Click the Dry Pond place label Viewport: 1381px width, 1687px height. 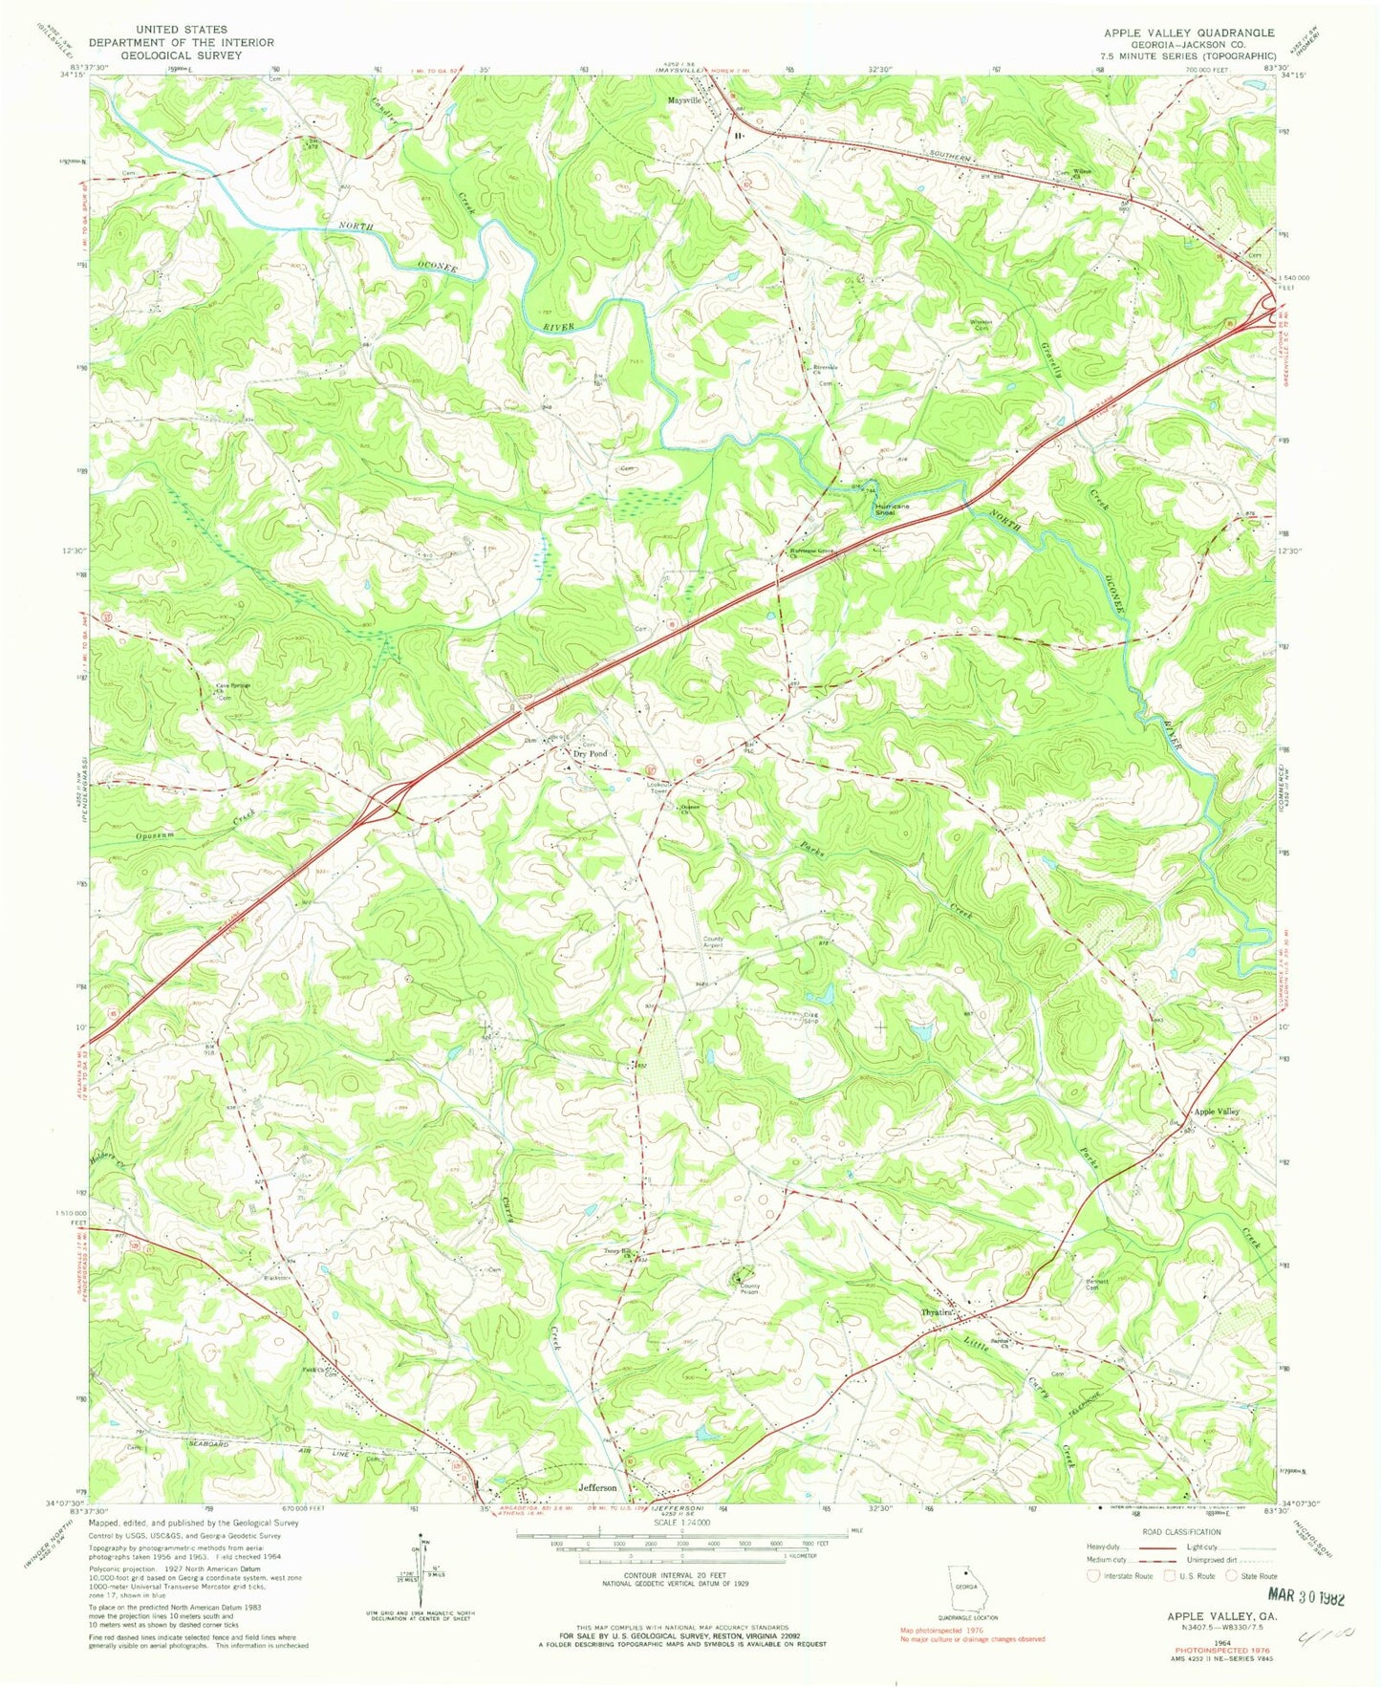(590, 754)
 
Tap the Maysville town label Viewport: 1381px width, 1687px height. (684, 99)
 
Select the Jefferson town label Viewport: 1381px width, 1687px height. (597, 1488)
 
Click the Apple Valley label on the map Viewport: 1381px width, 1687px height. (1216, 1112)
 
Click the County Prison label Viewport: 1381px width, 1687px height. (748, 1288)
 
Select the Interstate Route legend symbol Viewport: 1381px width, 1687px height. (1093, 1575)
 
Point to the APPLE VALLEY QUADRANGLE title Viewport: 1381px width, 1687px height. (1189, 32)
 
